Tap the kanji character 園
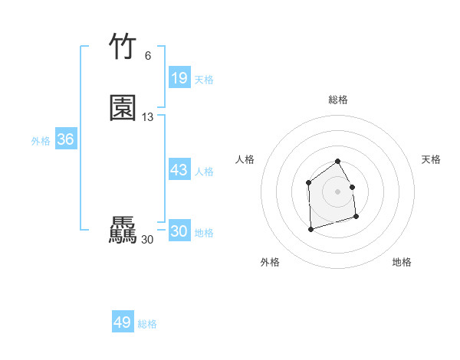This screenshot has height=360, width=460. click(123, 108)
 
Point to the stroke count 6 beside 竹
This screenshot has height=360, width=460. click(147, 56)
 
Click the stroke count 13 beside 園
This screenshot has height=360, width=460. click(148, 117)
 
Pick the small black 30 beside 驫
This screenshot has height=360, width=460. click(147, 240)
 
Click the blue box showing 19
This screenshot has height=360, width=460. click(179, 78)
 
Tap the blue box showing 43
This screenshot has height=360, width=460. click(179, 170)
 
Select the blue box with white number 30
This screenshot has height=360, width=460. click(179, 231)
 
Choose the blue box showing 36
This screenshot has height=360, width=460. click(65, 139)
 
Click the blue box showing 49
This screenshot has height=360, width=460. click(122, 322)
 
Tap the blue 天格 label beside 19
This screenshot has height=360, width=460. click(204, 80)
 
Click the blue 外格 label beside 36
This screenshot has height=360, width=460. click(41, 141)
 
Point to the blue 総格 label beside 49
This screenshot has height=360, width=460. click(147, 324)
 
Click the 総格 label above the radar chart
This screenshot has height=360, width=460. click(338, 100)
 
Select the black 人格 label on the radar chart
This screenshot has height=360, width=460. click(245, 159)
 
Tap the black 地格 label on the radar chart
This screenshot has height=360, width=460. click(402, 262)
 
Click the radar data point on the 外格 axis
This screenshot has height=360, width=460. click(310, 229)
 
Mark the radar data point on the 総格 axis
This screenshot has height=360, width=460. click(338, 162)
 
